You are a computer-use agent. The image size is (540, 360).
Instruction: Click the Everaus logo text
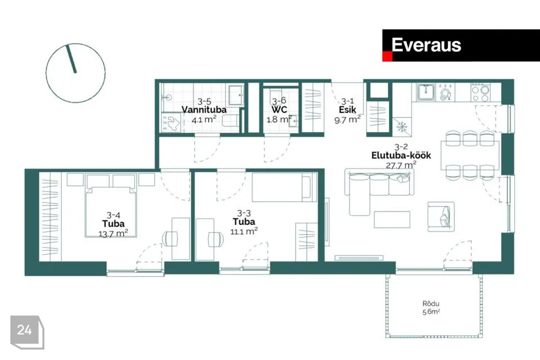pyautogui.click(x=426, y=45)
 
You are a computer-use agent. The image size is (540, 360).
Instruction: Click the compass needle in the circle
pyautogui.click(x=71, y=58)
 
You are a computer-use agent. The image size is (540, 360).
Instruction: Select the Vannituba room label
pyautogui.click(x=204, y=110)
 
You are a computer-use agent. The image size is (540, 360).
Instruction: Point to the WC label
pyautogui.click(x=280, y=110)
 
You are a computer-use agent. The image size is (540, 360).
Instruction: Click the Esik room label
pyautogui.click(x=348, y=110)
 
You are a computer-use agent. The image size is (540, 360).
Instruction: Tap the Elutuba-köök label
pyautogui.click(x=401, y=155)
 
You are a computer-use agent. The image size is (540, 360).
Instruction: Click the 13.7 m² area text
pyautogui.click(x=113, y=233)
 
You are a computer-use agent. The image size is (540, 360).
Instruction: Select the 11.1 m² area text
pyautogui.click(x=244, y=231)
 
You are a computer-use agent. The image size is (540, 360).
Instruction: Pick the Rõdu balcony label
pyautogui.click(x=431, y=304)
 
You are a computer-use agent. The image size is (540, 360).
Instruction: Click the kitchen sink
pyautogui.click(x=426, y=92)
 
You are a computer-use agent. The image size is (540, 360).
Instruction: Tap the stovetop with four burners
pyautogui.click(x=480, y=92)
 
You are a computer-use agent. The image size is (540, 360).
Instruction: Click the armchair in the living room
pyautogui.click(x=441, y=217)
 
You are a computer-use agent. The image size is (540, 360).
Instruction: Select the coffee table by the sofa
pyautogui.click(x=392, y=220)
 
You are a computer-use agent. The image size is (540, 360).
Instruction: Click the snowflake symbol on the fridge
pyautogui.click(x=402, y=127)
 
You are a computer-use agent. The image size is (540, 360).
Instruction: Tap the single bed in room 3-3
pyautogui.click(x=285, y=187)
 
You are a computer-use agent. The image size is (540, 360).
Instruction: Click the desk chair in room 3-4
pyautogui.click(x=170, y=238)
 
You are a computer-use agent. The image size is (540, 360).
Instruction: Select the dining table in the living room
pyautogui.click(x=470, y=155)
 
